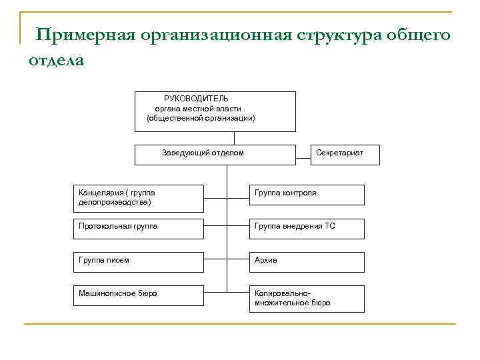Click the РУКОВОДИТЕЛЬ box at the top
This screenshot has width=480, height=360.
coord(215,111)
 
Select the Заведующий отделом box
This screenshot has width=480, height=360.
coord(215,154)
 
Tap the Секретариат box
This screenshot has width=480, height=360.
coord(339,154)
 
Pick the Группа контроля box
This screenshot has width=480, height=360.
coord(307,195)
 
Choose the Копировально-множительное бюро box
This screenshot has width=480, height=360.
coord(307,298)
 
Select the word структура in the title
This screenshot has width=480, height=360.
coord(336,35)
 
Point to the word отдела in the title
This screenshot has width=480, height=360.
coord(56,60)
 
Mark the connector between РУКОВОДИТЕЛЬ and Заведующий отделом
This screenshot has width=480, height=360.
coord(234,138)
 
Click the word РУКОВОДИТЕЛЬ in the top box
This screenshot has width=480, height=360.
coord(196,99)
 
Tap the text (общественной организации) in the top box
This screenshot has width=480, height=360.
coord(201,118)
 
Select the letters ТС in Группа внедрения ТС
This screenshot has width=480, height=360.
coord(330,227)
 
